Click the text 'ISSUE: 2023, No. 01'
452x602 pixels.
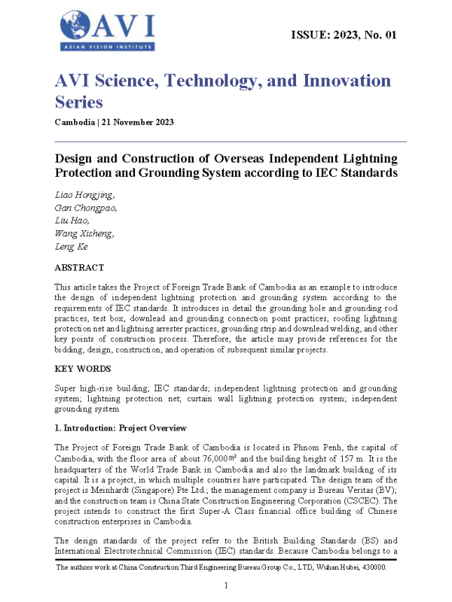click(343, 35)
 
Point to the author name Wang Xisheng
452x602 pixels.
click(85, 233)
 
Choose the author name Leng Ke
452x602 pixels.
click(72, 246)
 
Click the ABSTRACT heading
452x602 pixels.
click(79, 267)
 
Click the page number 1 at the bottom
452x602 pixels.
click(226, 585)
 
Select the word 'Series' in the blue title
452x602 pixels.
click(78, 101)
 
